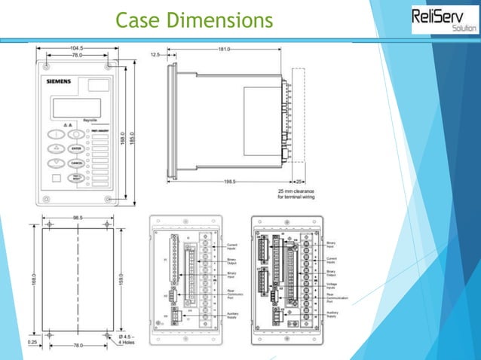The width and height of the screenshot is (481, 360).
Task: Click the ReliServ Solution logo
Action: pos(444,20)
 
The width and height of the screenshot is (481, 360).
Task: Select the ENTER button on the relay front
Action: pos(77,149)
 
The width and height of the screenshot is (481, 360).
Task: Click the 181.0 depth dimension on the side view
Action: pos(224,50)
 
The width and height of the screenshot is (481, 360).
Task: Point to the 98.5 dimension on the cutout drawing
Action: pos(78,218)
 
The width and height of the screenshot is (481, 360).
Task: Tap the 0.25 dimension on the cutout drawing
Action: pos(32,341)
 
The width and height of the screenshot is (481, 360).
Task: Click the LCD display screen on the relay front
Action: pos(72,108)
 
